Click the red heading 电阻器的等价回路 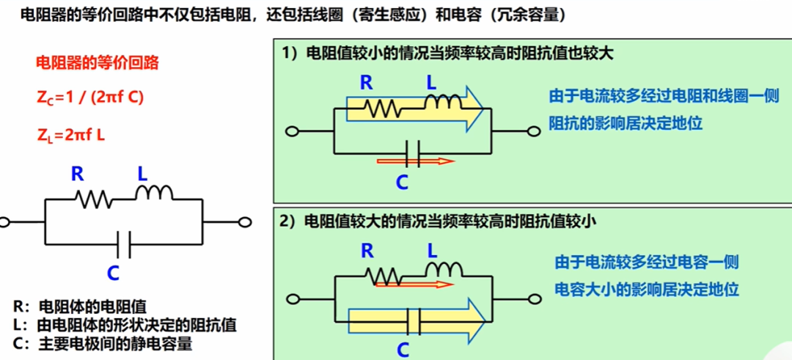coord(98,63)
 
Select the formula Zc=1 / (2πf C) coord(90,98)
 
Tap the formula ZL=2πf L coord(70,135)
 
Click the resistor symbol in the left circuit coord(93,199)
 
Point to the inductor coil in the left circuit coord(154,192)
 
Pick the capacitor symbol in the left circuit coord(123,244)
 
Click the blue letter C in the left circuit coord(113,273)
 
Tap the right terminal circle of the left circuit coord(244,221)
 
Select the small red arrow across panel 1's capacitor coord(416,161)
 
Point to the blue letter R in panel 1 coord(366,84)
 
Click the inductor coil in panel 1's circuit coord(443,102)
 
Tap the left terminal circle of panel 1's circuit coord(291,132)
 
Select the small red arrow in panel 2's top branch coord(415,284)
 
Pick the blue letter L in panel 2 coord(433,250)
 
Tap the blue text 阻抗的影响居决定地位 coord(626,122)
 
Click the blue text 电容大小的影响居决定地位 coord(647,290)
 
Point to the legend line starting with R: coord(80,306)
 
